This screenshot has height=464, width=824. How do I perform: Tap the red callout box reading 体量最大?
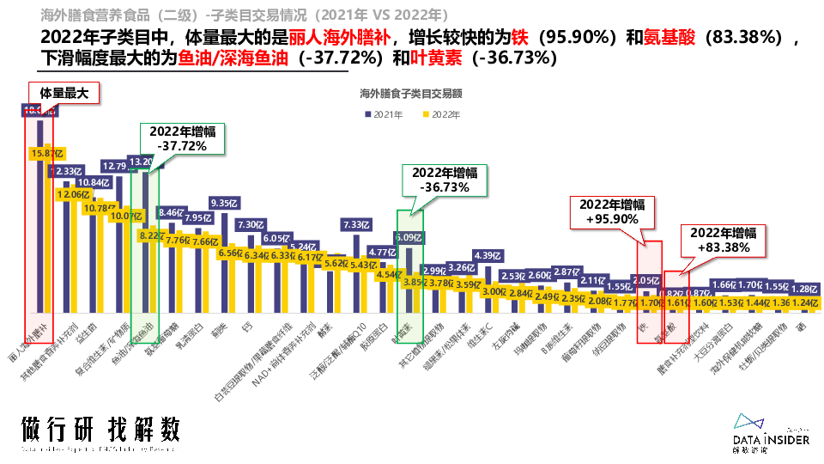click(64, 94)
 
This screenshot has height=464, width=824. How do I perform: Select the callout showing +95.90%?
click(613, 211)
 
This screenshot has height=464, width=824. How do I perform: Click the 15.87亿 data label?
click(44, 153)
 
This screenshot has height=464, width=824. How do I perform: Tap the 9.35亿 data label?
click(226, 203)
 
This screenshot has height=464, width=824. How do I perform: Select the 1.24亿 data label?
click(804, 303)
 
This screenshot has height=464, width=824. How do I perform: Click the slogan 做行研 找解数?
click(100, 430)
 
